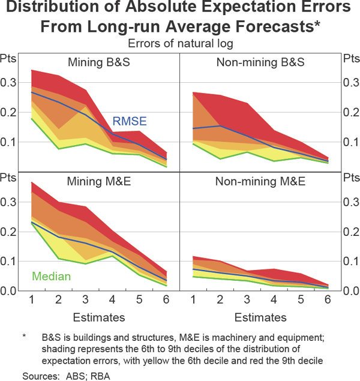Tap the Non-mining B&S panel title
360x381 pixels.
[260, 62]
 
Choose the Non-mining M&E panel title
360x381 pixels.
[260, 181]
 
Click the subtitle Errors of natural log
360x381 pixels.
[180, 43]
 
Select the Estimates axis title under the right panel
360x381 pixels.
[260, 317]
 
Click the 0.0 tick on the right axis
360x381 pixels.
[349, 291]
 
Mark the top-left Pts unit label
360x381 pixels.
[9, 59]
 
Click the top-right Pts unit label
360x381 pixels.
[350, 59]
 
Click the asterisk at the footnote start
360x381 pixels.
[25, 337]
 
